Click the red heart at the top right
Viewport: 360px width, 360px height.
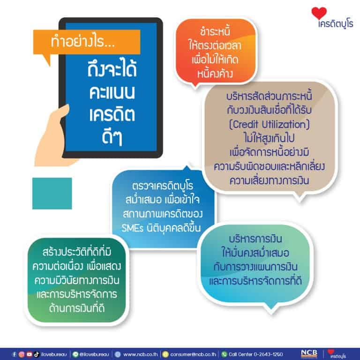pos(319,13)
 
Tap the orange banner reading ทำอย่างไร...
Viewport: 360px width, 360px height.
pos(87,42)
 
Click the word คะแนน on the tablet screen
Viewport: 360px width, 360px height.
pos(112,92)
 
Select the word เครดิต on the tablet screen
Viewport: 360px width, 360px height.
pos(112,114)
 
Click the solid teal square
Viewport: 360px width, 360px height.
pos(52,193)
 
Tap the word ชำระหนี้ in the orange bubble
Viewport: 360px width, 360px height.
pos(215,32)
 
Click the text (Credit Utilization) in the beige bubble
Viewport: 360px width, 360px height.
pos(270,124)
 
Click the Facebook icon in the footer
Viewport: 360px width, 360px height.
pos(14,354)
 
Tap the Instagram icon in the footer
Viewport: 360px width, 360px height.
pos(22,354)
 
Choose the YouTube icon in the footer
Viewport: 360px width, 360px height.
pos(29,354)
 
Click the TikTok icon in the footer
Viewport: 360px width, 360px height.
pos(37,354)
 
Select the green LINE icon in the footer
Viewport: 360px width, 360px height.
pos(75,354)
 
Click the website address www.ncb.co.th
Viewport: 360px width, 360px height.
pos(141,354)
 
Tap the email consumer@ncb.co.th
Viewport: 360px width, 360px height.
pos(193,354)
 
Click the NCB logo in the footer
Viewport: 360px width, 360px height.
pos(309,353)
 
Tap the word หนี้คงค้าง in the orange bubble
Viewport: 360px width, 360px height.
pos(215,74)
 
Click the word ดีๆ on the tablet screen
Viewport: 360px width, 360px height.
pos(112,137)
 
